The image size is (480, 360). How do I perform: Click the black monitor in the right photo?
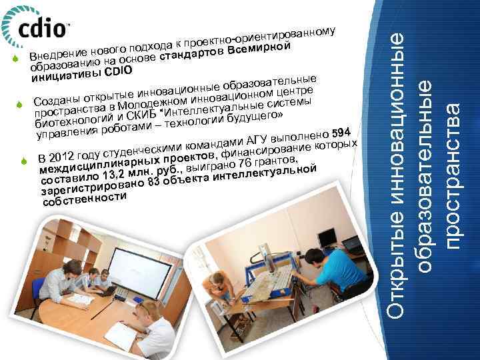327,237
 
